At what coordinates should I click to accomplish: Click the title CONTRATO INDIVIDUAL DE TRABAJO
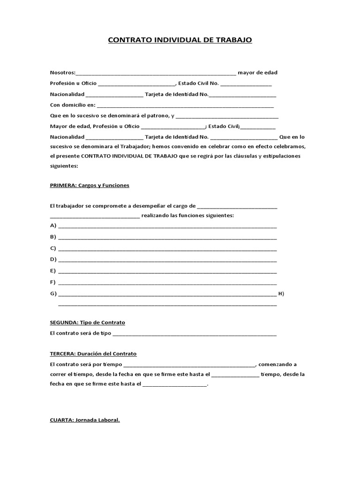[180, 40]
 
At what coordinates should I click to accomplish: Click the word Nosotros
[62, 72]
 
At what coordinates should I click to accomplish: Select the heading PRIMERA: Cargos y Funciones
[89, 185]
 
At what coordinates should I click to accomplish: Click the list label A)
[53, 225]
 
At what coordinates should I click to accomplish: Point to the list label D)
[53, 259]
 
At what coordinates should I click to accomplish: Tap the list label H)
[281, 294]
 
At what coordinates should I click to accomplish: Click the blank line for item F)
[167, 283]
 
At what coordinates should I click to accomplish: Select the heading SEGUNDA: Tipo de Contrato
[87, 322]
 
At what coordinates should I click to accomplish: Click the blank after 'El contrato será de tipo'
[195, 334]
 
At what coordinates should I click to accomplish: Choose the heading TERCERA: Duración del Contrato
[93, 353]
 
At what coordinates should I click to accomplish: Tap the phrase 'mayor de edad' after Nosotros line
[257, 72]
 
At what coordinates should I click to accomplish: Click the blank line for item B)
[167, 238]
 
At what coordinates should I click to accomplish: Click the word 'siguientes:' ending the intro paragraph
[64, 166]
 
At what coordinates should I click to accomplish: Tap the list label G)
[53, 294]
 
